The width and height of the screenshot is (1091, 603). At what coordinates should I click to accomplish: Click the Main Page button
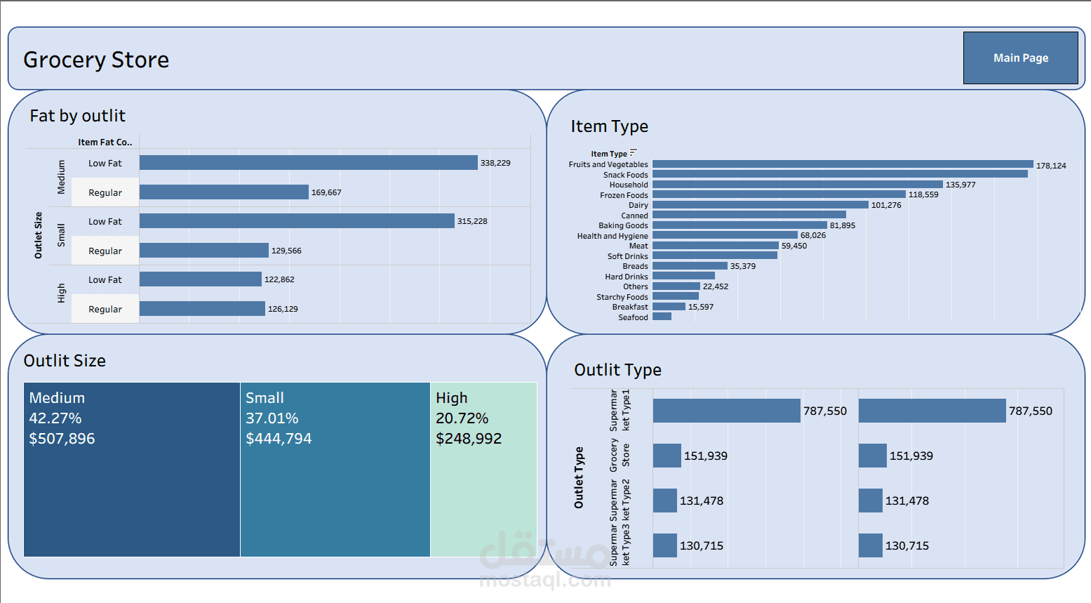[x=1020, y=58]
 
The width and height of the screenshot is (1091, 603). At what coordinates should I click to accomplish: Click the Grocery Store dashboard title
[x=96, y=60]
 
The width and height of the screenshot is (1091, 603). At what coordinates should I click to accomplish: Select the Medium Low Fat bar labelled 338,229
[x=308, y=163]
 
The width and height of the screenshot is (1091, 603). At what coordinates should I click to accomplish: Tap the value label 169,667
[x=326, y=192]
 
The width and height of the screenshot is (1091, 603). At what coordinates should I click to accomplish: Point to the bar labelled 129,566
[x=203, y=251]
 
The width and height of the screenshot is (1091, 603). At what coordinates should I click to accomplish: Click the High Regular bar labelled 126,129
[x=202, y=309]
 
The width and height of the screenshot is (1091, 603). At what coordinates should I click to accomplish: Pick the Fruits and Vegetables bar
[x=842, y=164]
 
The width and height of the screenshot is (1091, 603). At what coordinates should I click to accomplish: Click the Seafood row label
[x=633, y=317]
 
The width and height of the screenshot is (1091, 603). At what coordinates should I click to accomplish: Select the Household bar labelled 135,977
[x=797, y=185]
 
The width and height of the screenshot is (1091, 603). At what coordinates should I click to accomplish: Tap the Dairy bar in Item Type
[x=760, y=205]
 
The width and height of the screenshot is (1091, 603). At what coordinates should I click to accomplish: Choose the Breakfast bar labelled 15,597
[x=669, y=307]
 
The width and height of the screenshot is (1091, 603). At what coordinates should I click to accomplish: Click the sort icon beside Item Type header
[x=634, y=152]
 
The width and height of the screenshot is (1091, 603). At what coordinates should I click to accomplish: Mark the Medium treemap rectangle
[x=132, y=491]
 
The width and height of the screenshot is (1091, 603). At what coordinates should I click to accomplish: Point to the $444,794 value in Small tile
[x=279, y=439]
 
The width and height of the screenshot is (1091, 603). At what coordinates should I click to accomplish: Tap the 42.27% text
[x=55, y=418]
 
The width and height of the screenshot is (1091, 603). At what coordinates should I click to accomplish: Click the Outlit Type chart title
[x=617, y=370]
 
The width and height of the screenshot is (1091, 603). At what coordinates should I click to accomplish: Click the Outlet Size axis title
[x=39, y=235]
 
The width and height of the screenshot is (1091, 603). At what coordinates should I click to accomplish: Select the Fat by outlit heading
[x=77, y=116]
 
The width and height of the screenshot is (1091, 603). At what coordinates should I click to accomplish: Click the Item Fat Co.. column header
[x=105, y=142]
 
